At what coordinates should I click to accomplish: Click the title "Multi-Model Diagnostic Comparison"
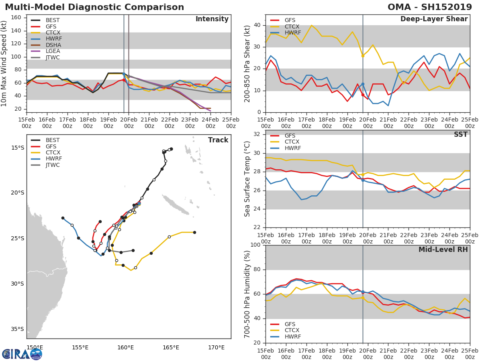(x=94, y=7)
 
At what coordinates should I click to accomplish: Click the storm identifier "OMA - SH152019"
(x=434, y=7)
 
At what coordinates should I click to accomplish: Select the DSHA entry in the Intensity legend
(x=53, y=45)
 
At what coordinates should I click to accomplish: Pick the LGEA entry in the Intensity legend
(x=53, y=51)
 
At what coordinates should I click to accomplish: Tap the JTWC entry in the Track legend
(x=53, y=165)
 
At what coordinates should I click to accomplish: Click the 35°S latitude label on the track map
(x=17, y=329)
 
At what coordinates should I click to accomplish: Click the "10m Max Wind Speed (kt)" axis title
(x=4, y=64)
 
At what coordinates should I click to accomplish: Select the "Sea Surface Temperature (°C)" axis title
(x=247, y=179)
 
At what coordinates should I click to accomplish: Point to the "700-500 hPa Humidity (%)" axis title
(x=247, y=294)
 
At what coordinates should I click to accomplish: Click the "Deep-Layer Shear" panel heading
(x=434, y=19)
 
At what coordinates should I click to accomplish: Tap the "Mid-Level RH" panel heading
(x=443, y=249)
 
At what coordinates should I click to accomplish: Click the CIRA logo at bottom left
(x=22, y=354)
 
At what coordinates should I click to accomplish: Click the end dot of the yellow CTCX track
(x=194, y=232)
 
